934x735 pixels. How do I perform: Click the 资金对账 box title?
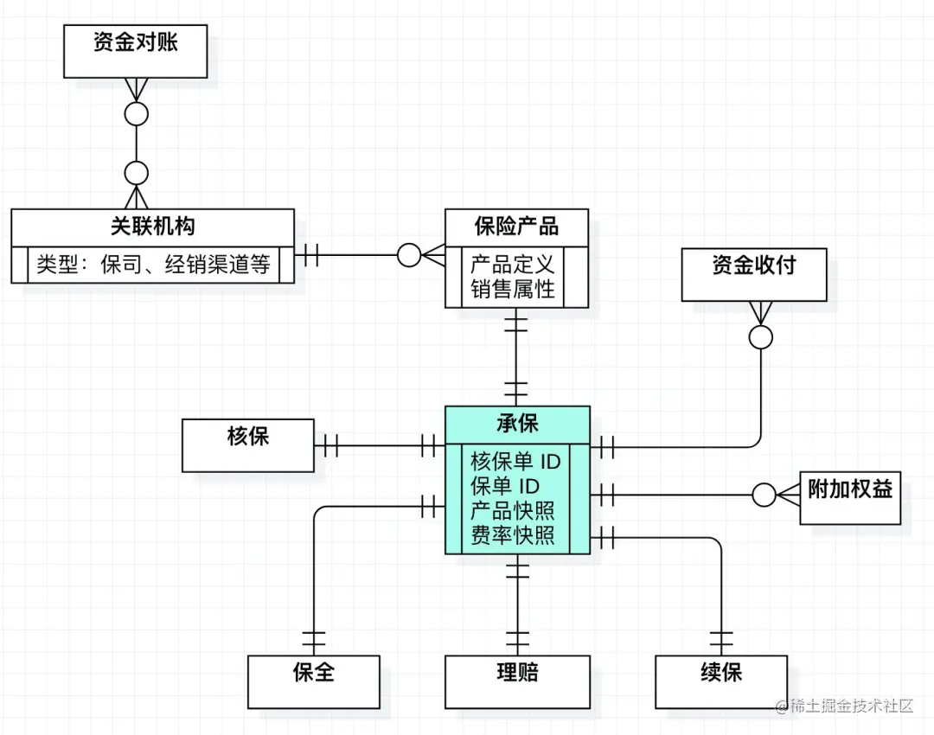pos(136,42)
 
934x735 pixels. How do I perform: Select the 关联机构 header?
pos(153,227)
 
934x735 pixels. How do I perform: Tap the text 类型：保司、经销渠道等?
pos(153,264)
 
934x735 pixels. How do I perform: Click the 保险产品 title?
pos(516,227)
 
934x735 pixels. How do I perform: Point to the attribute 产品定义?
pos(512,262)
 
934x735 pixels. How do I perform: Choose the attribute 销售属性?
pos(512,288)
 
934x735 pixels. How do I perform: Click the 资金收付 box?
pos(753,265)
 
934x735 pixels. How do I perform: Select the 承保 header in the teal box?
pos(517,423)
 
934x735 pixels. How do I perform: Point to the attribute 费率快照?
pos(512,534)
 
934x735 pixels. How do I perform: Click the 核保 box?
pos(248,437)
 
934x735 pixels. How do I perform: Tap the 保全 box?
pos(314,673)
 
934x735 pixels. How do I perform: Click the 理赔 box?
pos(517,673)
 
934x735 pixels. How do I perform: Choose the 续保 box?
pos(721,673)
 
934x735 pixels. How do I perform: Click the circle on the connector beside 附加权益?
pos(764,495)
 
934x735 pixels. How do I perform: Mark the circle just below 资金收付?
pos(761,337)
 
